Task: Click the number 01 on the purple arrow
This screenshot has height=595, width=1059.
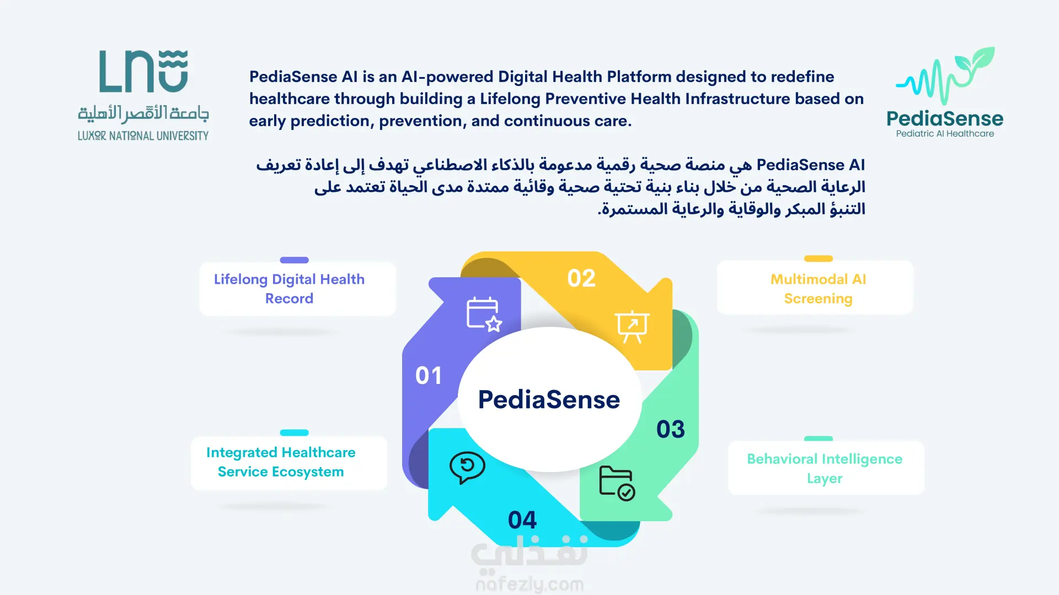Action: click(x=429, y=376)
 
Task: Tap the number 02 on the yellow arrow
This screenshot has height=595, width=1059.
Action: click(x=581, y=278)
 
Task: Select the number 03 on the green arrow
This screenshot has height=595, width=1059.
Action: click(x=671, y=429)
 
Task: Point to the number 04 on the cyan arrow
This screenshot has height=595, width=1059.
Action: click(x=522, y=520)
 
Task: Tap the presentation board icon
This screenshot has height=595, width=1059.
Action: click(x=632, y=326)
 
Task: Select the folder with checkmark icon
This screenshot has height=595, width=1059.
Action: click(x=617, y=483)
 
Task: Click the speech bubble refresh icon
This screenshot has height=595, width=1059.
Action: click(x=467, y=468)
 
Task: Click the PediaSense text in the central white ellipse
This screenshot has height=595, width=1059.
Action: click(x=549, y=399)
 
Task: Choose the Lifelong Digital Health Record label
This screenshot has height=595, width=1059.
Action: click(x=289, y=289)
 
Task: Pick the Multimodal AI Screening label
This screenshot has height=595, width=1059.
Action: click(x=818, y=289)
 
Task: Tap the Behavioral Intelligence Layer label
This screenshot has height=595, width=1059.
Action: click(x=825, y=468)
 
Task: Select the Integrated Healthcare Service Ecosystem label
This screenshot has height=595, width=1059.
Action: click(x=281, y=462)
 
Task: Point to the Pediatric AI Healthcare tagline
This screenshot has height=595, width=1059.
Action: click(x=945, y=133)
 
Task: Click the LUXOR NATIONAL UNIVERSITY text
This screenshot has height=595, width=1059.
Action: click(x=143, y=136)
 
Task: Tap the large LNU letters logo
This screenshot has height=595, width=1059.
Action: click(x=143, y=71)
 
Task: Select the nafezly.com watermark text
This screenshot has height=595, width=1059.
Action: click(x=529, y=584)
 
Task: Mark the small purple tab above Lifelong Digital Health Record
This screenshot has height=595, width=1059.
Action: click(x=294, y=260)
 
